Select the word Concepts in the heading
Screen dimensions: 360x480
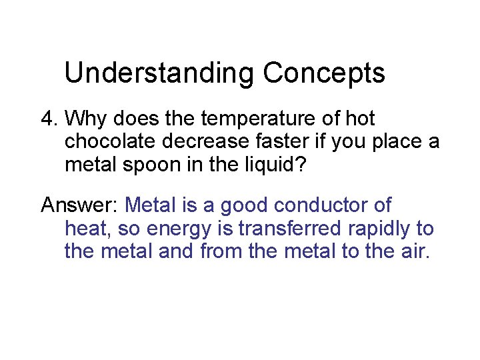(x=324, y=73)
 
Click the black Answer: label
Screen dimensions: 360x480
(x=79, y=205)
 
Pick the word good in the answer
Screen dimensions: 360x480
(x=238, y=205)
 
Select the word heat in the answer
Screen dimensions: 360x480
(x=87, y=229)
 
